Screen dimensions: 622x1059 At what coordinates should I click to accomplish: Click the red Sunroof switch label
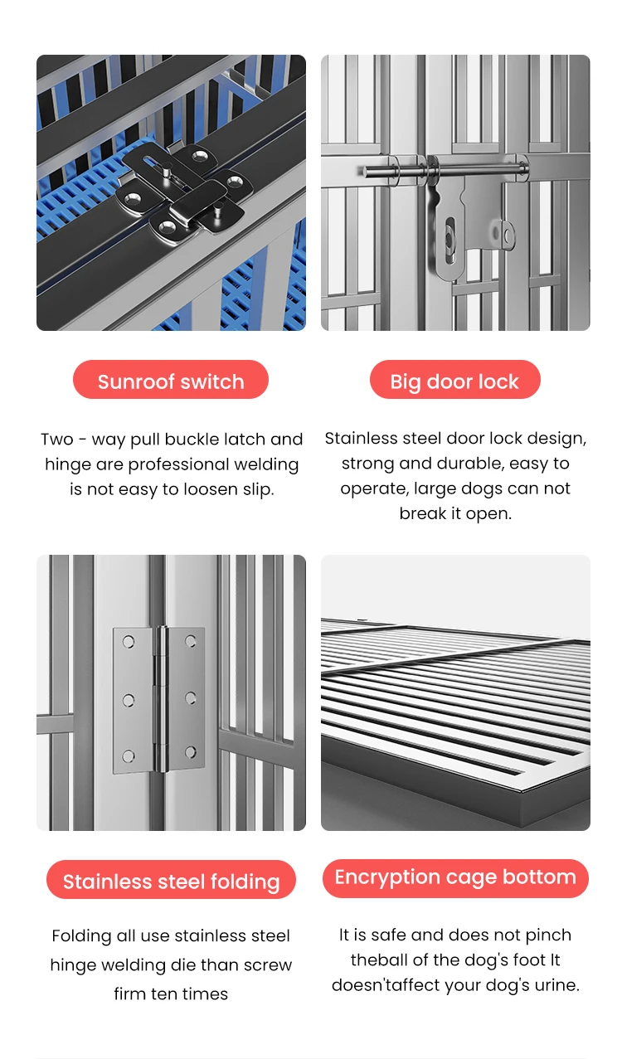(171, 380)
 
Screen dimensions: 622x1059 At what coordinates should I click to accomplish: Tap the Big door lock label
(454, 380)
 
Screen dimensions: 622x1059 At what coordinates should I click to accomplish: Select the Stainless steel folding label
(171, 880)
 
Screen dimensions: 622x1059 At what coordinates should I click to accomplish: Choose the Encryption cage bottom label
(455, 878)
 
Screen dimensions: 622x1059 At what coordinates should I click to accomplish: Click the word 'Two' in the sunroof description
(56, 440)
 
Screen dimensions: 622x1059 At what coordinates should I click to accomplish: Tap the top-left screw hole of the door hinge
(129, 642)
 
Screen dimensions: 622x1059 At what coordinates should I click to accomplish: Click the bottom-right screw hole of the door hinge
(191, 752)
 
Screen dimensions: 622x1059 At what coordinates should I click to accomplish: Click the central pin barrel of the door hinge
(162, 699)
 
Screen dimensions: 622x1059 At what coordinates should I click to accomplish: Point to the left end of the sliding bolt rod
(366, 172)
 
